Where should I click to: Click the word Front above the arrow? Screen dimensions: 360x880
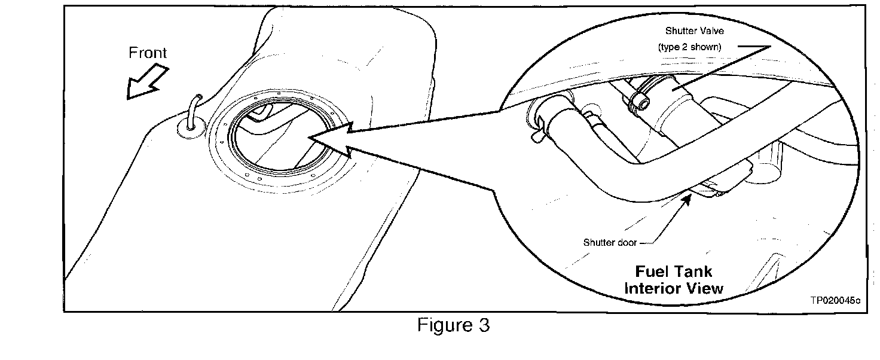[148, 53]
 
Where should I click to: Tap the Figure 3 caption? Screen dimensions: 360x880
[453, 325]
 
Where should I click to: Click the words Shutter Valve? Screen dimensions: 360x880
[694, 32]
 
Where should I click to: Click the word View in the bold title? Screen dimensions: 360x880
[707, 288]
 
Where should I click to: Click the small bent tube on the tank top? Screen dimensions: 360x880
[193, 111]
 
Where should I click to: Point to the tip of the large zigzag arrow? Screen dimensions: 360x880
[310, 139]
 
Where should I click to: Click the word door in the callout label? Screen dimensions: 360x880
[625, 242]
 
